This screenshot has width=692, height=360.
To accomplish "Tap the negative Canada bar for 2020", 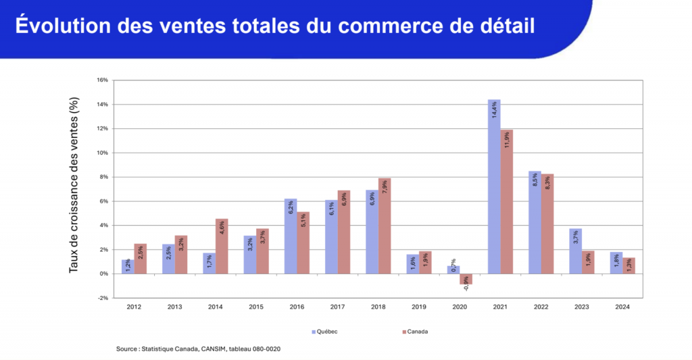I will coord(466,279).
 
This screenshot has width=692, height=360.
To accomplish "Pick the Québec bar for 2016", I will coord(291,236).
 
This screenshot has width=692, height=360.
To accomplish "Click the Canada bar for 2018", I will coord(385,226).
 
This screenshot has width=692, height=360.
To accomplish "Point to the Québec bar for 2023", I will coord(575,251).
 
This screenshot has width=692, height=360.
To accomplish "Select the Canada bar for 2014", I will coord(222,246).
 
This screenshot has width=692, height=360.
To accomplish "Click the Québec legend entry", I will coord(325,332).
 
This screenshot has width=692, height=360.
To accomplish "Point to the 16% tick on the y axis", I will coord(102,80).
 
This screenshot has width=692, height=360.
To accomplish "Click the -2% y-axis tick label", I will coord(102,298).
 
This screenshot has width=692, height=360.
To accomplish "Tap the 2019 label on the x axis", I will coord(419,307).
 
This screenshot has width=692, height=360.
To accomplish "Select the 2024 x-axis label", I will coord(622,307).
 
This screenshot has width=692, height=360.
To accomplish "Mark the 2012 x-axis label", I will coord(134,307).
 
